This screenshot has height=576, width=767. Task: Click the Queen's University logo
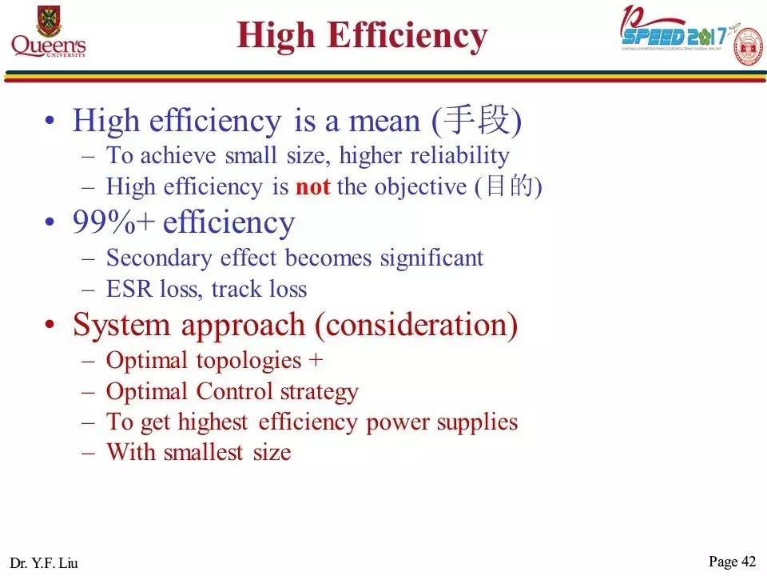[x=49, y=32]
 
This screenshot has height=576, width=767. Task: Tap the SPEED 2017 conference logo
[x=675, y=34]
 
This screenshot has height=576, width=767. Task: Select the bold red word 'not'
[x=312, y=186]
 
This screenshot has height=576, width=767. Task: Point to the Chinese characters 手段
[x=476, y=121]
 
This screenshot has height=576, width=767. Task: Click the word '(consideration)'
[x=415, y=326]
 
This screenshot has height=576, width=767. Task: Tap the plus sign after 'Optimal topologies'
[x=315, y=360]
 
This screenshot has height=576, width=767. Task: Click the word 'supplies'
[x=481, y=422]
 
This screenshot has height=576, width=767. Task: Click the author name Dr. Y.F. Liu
[x=45, y=562]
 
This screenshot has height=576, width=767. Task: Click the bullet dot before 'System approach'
[x=51, y=326]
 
